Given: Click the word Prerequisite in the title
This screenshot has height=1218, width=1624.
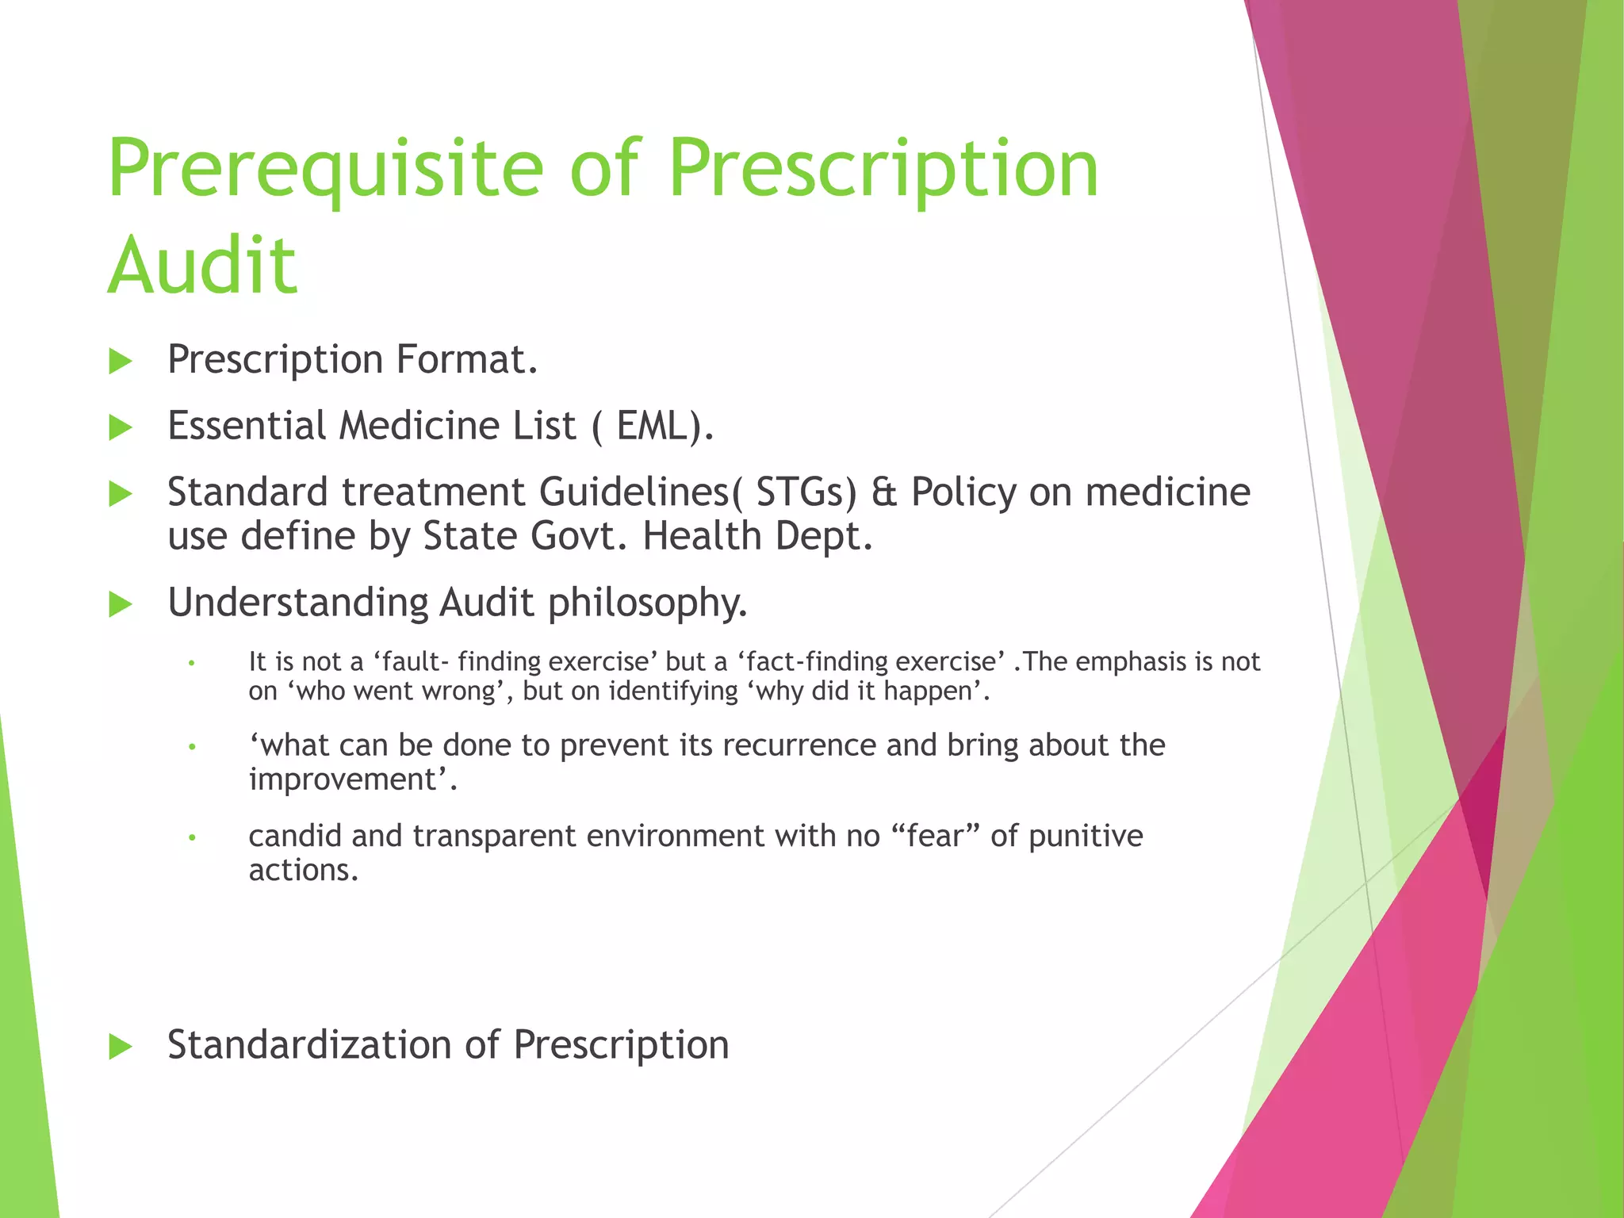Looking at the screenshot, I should (x=325, y=169).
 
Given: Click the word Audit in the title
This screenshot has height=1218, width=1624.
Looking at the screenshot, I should (x=202, y=266).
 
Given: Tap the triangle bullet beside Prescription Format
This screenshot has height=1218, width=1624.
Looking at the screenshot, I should (x=120, y=362).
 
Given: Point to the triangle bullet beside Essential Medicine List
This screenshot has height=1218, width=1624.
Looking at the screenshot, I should (x=120, y=428).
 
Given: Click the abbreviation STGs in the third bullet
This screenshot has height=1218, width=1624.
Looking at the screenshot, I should (x=806, y=492).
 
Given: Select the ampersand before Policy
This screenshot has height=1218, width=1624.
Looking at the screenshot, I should (x=883, y=492).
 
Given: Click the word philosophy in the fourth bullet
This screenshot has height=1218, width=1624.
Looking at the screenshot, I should (x=647, y=603).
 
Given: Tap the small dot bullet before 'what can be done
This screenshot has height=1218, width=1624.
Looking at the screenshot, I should (x=191, y=747).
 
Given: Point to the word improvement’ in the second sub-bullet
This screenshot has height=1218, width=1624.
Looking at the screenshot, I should (x=352, y=780).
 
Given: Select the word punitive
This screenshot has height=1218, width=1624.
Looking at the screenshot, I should (x=1086, y=837).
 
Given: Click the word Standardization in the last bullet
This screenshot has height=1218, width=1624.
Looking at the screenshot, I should (x=309, y=1044).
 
